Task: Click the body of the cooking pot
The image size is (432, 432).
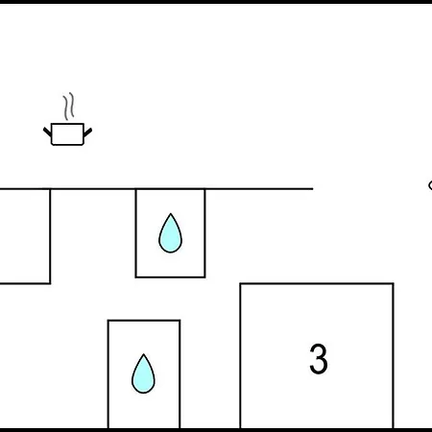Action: (67, 134)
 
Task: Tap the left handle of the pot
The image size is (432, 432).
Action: (47, 131)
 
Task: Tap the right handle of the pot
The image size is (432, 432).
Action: (87, 132)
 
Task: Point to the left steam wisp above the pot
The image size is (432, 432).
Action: (66, 108)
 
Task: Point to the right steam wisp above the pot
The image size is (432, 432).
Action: (72, 105)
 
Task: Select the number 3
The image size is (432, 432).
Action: (319, 359)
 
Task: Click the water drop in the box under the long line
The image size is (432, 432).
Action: (171, 233)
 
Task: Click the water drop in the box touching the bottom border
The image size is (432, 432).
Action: (143, 373)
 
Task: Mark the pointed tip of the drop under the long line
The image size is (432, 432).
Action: (171, 213)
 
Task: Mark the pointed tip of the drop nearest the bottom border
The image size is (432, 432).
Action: (144, 354)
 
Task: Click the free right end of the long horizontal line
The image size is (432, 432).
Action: (313, 189)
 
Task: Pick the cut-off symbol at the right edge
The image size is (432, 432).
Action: (430, 185)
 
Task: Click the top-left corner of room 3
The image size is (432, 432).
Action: (240, 283)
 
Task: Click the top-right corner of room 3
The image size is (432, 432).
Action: (394, 283)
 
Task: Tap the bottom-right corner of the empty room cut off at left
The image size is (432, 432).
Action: (50, 283)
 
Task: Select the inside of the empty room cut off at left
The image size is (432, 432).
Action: (25, 236)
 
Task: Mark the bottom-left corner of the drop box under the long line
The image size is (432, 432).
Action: (136, 276)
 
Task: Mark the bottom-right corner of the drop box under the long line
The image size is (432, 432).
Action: (204, 276)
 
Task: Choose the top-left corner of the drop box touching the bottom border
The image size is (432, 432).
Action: (108, 321)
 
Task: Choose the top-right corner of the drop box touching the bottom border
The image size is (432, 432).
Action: (180, 321)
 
